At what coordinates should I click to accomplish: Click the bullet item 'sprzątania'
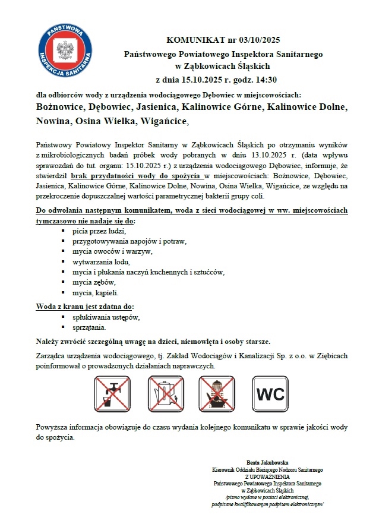pos(89,327)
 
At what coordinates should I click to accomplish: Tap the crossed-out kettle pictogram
pos(166,393)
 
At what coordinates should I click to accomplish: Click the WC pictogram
pos(270,393)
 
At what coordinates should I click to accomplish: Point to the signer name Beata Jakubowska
pos(267,462)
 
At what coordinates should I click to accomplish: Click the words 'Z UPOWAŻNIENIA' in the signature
pos(267,476)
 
